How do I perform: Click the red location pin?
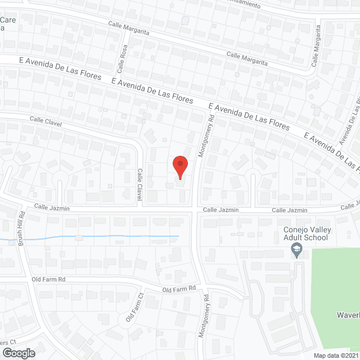pyautogui.click(x=180, y=165)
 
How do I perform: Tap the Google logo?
pyautogui.click(x=18, y=353)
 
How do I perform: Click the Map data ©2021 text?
pyautogui.click(x=336, y=355)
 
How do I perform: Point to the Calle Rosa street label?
pyautogui.click(x=122, y=60)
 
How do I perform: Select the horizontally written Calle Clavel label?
pyautogui.click(x=46, y=121)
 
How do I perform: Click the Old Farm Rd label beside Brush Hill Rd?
pyautogui.click(x=49, y=279)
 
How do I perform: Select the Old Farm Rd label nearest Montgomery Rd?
pyautogui.click(x=178, y=289)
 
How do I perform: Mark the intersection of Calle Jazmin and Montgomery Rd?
pyautogui.click(x=196, y=209)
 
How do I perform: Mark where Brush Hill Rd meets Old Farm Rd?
pyautogui.click(x=26, y=277)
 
